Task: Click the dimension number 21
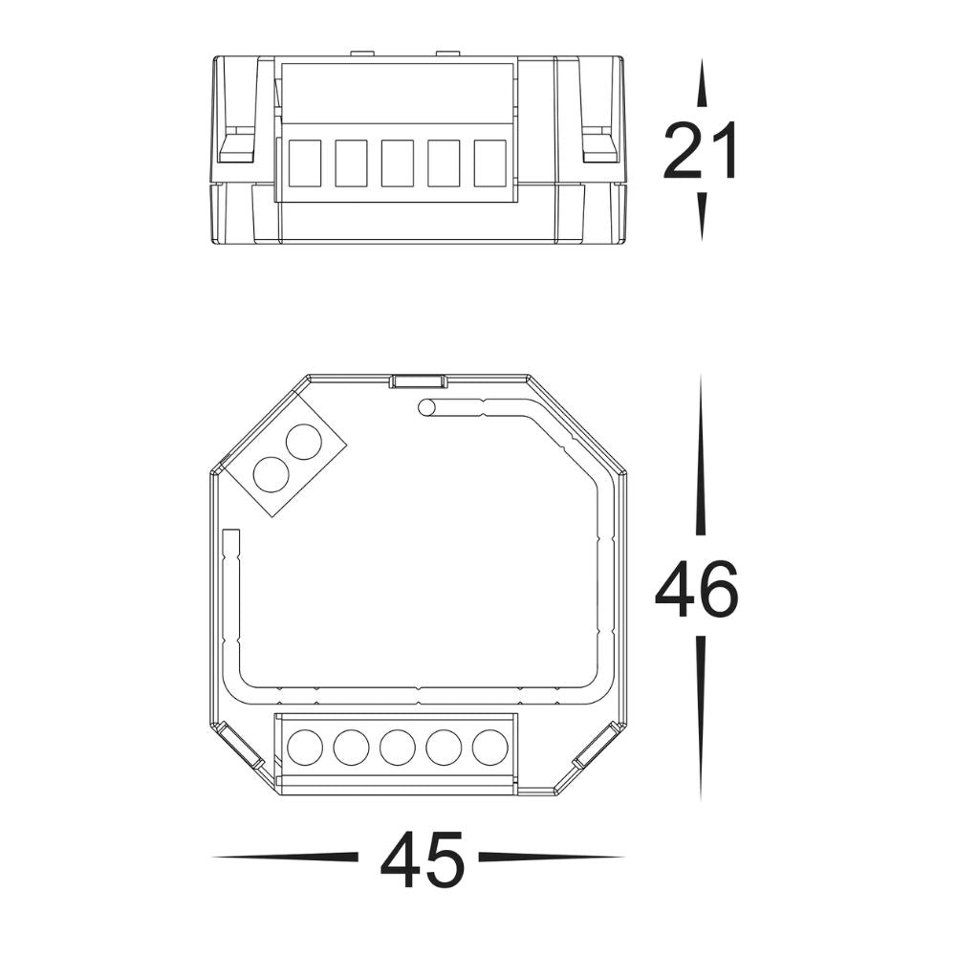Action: click(702, 151)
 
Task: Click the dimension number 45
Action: click(422, 860)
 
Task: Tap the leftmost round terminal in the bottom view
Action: click(304, 747)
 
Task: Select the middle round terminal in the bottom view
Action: click(397, 747)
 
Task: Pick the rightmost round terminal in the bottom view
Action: click(489, 747)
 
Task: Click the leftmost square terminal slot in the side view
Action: click(304, 163)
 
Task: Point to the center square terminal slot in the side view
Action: click(397, 163)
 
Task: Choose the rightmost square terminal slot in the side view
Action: click(489, 163)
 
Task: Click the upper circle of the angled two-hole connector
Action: click(304, 443)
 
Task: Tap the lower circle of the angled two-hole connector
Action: click(272, 474)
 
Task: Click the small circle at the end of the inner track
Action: click(426, 408)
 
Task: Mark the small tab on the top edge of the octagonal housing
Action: click(418, 380)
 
